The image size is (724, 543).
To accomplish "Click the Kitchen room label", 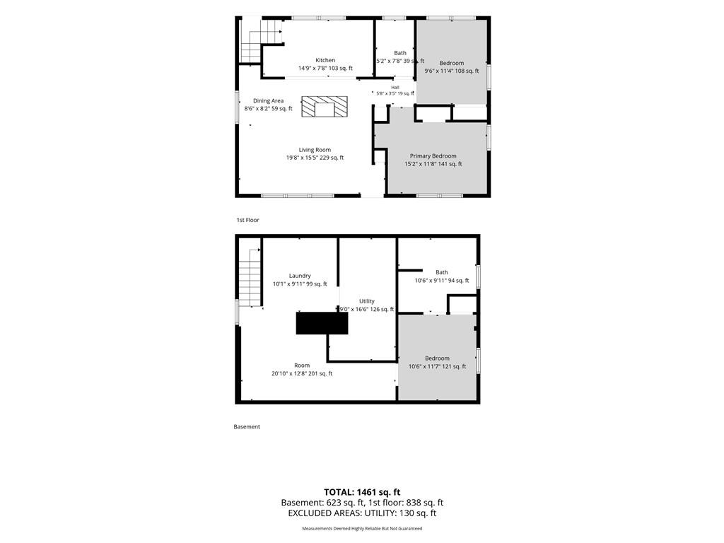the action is coord(325,60).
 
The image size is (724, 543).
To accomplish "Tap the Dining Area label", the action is coord(268,100).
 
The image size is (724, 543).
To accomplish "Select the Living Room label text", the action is coord(315,150).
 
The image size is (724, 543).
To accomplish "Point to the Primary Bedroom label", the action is coord(433,156).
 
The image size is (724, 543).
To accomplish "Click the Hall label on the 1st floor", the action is coord(395,87).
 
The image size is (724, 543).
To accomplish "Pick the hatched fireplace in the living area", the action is coord(325,106).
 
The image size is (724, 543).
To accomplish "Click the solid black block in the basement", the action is coord(322,323).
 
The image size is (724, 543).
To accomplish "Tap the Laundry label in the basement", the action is coord(300,276).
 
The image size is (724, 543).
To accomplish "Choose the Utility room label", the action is coord(367,301).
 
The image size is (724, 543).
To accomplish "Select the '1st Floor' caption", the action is coord(248,221).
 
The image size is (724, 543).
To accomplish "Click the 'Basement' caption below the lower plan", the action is coord(247,426).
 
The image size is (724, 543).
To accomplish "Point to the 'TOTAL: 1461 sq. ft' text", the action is coord(362,492).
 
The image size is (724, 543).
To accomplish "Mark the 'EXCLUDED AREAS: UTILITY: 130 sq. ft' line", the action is coord(362,513).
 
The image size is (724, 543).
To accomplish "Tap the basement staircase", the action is coord(250,277).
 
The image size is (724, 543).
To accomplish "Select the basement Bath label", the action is coord(442,272).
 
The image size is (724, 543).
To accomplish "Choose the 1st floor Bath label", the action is coord(400,53).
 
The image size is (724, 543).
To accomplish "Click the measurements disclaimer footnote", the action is coord(362,528).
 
